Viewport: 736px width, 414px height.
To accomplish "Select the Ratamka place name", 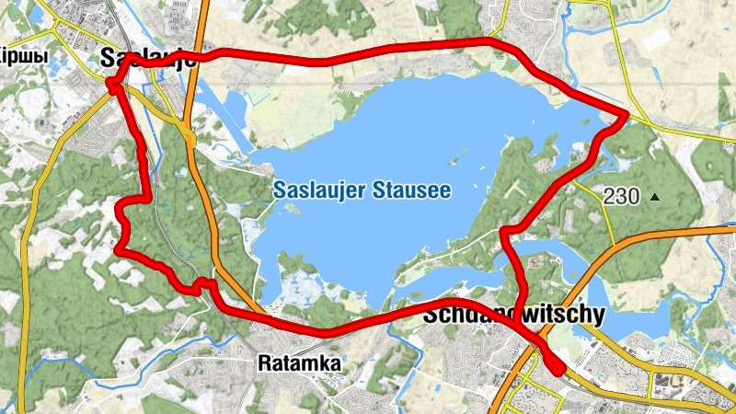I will pos(299,363).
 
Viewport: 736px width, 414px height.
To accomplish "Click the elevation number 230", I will pos(622,195).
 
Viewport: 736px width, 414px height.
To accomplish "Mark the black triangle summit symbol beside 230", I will pos(655,196).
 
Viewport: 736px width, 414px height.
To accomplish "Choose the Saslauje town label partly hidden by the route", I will pos(147,57).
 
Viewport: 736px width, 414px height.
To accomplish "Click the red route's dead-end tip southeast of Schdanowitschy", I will pos(559,370).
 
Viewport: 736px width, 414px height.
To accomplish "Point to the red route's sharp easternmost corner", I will pos(626,114).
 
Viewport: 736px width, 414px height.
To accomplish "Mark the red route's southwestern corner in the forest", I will pos(118,248).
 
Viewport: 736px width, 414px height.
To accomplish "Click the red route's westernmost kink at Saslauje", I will pos(110,86).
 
